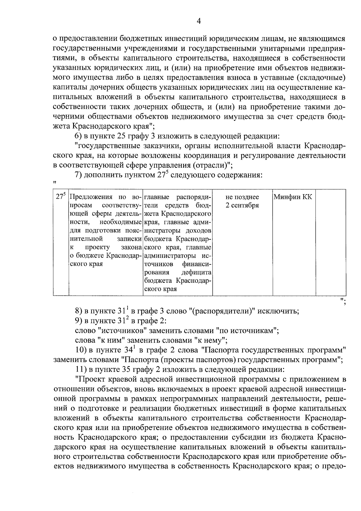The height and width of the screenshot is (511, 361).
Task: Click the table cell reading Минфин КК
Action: tap(293, 197)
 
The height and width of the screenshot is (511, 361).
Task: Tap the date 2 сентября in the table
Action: tap(242, 206)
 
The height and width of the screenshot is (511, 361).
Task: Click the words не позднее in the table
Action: tap(242, 197)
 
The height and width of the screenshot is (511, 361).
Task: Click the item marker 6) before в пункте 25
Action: tap(78, 136)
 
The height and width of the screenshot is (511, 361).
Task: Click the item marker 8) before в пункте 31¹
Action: tap(78, 311)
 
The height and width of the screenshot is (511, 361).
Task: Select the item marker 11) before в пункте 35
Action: tap(80, 369)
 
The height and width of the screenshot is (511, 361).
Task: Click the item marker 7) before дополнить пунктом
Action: tap(78, 175)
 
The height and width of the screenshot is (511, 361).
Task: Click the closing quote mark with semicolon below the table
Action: tap(343, 301)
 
